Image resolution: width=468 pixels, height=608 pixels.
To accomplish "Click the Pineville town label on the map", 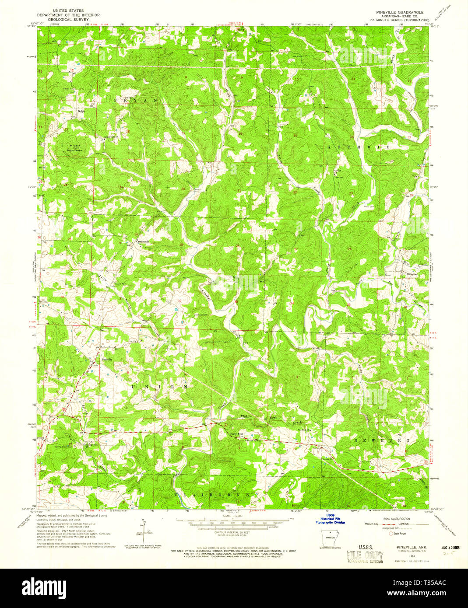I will pyautogui.click(x=107, y=359).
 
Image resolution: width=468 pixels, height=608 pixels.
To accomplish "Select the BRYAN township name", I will pyautogui.click(x=135, y=100).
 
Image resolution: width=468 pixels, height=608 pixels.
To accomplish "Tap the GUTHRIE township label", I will pyautogui.click(x=359, y=148).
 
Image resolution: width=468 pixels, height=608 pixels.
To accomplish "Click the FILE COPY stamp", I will pyautogui.click(x=365, y=556).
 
